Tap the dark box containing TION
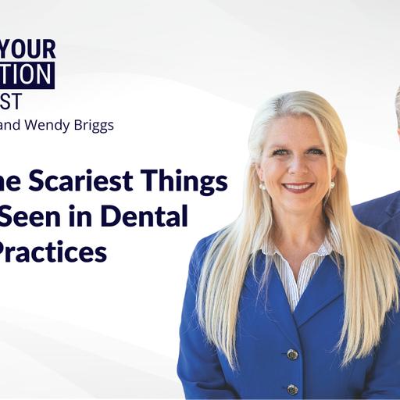pos(27,75)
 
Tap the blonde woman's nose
pos(295,167)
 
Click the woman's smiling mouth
pos(296,187)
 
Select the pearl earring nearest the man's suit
pos(331,185)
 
